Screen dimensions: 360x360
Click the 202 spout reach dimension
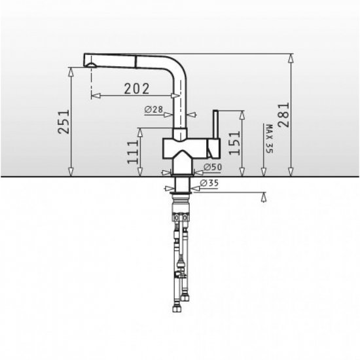(137, 88)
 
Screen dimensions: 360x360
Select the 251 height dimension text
(63, 122)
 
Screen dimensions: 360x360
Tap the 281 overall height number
(283, 115)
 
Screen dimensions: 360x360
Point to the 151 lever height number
(234, 143)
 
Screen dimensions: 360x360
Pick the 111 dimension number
(133, 152)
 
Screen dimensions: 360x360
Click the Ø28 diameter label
(154, 109)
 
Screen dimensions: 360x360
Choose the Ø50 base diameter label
(213, 167)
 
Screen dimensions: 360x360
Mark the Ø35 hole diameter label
(209, 183)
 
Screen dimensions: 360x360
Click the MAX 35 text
(269, 139)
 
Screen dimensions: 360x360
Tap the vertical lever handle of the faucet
(216, 124)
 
